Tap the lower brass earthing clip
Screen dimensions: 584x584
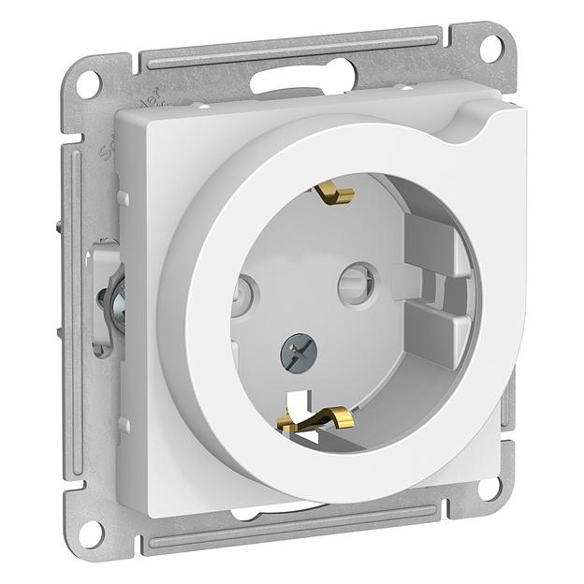[314, 419]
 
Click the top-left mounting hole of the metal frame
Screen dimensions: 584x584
[86, 83]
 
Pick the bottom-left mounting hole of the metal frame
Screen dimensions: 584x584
[88, 531]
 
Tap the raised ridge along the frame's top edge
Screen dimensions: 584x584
[290, 52]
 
